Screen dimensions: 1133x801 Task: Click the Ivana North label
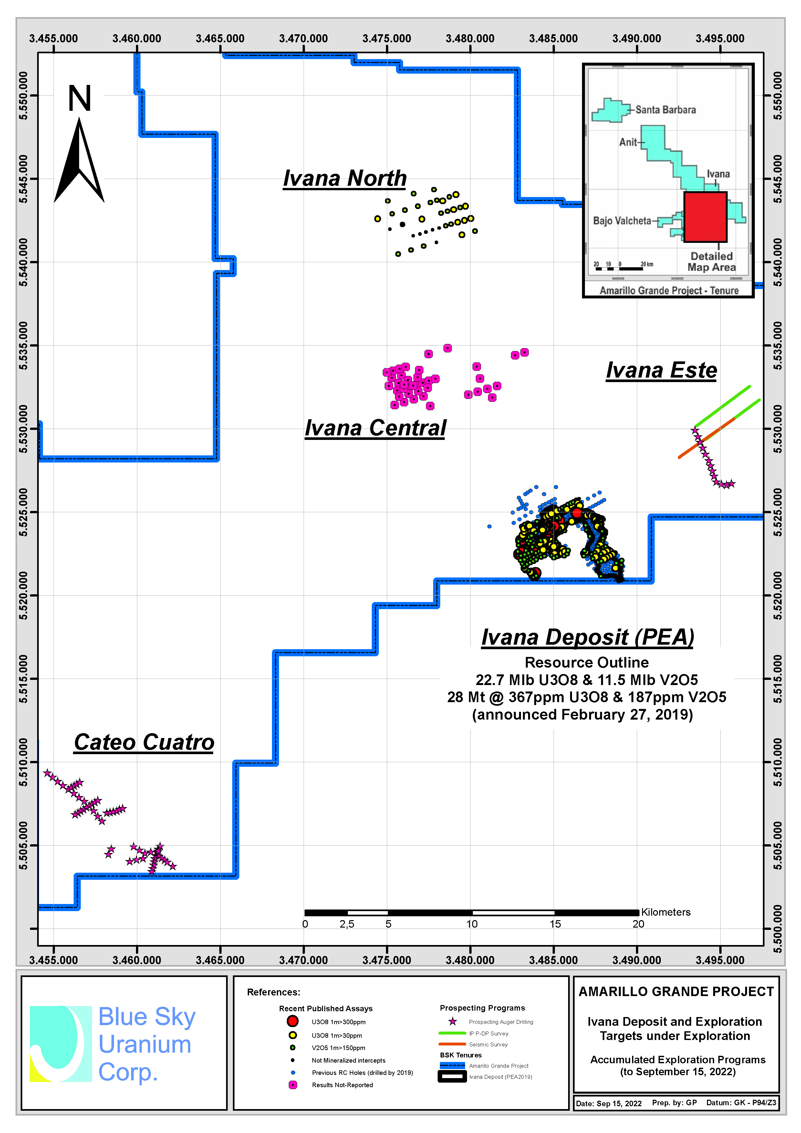click(x=345, y=178)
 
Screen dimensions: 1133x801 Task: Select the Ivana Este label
click(x=661, y=370)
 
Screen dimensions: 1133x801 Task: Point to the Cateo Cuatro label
click(x=144, y=742)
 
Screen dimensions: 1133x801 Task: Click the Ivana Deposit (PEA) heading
click(x=587, y=637)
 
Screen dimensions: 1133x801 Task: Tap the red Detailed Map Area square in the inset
click(x=705, y=217)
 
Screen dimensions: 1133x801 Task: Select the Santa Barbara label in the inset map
click(x=665, y=109)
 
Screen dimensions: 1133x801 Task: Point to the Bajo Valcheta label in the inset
click(x=622, y=221)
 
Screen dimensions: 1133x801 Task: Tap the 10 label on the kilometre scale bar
click(x=472, y=924)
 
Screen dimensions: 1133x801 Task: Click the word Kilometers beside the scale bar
click(x=666, y=912)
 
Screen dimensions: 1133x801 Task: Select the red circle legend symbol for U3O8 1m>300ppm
click(x=293, y=1021)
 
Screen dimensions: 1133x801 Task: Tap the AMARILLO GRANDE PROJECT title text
click(x=676, y=992)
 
